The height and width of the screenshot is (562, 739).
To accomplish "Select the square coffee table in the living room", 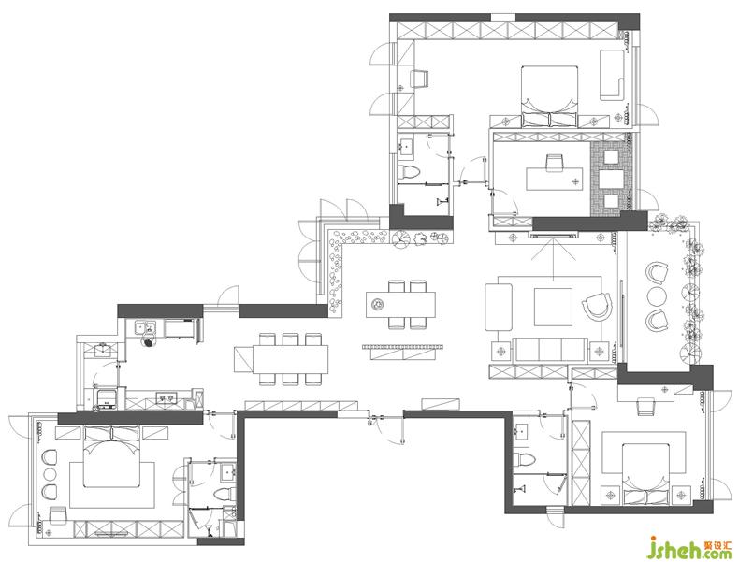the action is click(x=553, y=307).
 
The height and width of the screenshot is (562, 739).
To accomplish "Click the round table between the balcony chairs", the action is click(x=657, y=297).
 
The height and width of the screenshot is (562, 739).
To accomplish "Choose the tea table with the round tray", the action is click(x=400, y=304).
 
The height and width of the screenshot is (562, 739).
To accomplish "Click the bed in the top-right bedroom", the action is click(x=549, y=96).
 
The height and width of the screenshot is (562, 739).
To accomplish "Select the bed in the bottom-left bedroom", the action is click(x=112, y=456).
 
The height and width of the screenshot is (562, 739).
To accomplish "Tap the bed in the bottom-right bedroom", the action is click(x=645, y=474).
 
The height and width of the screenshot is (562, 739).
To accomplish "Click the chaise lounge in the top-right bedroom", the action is click(x=612, y=75).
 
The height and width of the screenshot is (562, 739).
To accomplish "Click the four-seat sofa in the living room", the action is click(x=551, y=349).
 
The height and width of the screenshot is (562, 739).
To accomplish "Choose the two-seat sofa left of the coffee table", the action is click(x=499, y=307).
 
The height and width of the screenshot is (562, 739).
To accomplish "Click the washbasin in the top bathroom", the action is click(x=405, y=146).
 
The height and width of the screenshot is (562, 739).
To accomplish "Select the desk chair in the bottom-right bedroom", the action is click(x=645, y=406).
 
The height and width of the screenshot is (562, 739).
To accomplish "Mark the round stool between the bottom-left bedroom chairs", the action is click(x=49, y=473).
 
